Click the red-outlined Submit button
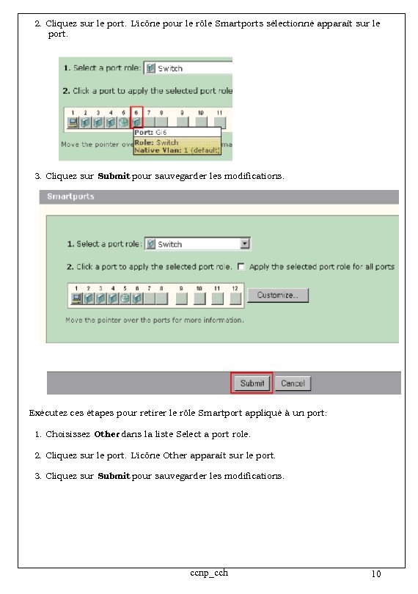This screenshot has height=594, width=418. click(252, 383)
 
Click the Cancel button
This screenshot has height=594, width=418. click(293, 383)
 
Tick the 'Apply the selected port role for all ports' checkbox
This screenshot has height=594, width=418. click(241, 267)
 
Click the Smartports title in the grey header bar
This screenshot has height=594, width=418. click(71, 197)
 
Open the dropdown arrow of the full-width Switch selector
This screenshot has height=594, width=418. click(246, 244)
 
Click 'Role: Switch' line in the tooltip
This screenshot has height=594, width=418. click(156, 142)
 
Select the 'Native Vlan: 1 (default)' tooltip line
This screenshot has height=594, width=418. click(177, 150)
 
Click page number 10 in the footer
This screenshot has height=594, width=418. click(376, 574)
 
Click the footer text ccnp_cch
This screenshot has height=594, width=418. click(209, 572)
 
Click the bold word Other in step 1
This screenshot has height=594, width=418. click(106, 434)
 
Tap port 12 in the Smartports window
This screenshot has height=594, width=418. click(234, 298)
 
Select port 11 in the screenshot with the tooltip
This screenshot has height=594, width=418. click(219, 122)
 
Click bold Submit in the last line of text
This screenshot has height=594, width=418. click(114, 476)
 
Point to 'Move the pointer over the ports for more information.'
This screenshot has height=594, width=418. click(154, 320)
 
